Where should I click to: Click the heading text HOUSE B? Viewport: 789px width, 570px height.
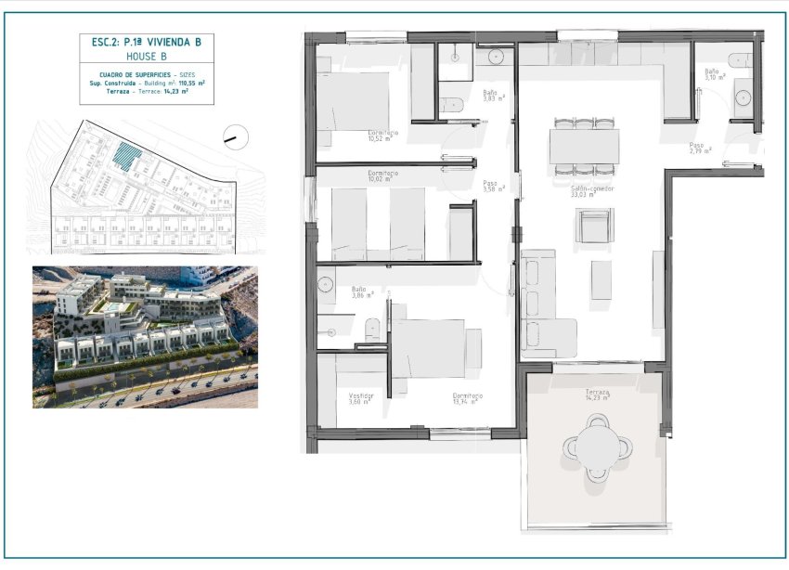[146, 56]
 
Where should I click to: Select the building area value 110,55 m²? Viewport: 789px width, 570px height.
[191, 83]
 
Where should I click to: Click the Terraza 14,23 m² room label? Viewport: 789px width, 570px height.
[598, 395]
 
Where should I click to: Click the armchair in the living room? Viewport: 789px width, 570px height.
[593, 225]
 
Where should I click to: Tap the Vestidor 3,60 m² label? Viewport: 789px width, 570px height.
[361, 398]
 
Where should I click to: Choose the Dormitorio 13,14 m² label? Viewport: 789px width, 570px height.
[467, 398]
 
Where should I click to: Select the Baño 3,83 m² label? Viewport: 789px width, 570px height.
[493, 96]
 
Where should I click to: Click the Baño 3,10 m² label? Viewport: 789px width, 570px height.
[715, 74]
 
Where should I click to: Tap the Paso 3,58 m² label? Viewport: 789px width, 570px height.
[493, 186]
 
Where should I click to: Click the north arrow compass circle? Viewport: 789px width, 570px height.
[237, 138]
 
